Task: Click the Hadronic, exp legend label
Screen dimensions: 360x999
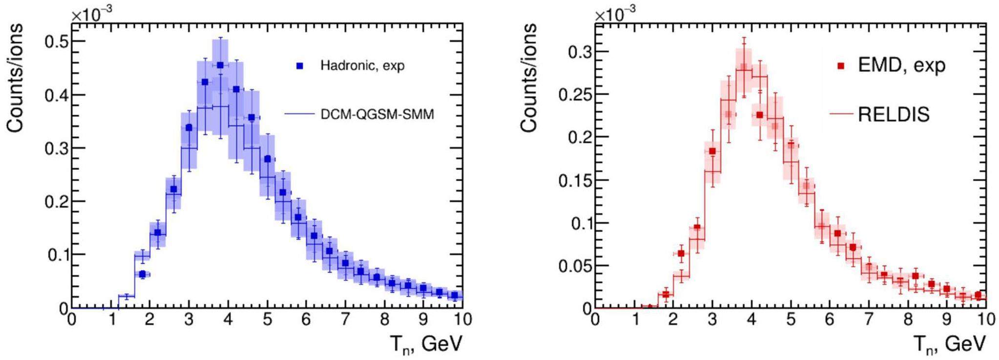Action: tap(362, 65)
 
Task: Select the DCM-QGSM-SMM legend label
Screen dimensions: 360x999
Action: tap(377, 114)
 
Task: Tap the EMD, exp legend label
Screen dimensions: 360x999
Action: tap(901, 65)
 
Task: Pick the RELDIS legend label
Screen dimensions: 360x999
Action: tap(894, 114)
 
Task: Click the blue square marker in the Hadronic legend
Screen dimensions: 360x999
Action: tap(300, 65)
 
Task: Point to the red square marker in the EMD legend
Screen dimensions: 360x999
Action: tap(841, 65)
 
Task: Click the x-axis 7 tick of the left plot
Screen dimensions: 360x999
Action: tap(345, 320)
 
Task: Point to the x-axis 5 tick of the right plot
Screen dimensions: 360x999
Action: tap(791, 320)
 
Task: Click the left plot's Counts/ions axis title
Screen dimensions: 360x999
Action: tap(16, 78)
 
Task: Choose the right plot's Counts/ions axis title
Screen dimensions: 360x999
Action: tap(529, 78)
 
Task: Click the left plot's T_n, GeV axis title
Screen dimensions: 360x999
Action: tap(426, 345)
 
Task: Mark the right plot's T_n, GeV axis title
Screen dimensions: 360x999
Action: tap(950, 345)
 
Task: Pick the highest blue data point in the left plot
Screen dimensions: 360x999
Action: tap(220, 65)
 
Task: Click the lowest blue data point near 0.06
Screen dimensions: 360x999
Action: tap(142, 275)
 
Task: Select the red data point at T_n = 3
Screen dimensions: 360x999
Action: tap(712, 151)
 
